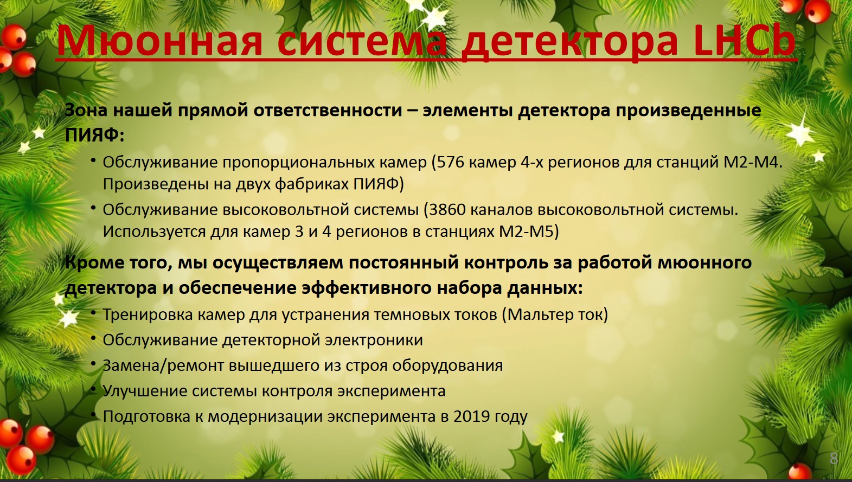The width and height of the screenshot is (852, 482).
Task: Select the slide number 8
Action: coord(834,459)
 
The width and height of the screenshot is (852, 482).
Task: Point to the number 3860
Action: coord(447,210)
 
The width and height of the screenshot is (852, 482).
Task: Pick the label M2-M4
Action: coord(752,162)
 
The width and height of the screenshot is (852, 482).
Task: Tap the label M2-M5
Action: coord(526,232)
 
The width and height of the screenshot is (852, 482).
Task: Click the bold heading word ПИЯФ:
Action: coord(94,135)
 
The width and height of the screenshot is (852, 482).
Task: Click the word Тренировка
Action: coord(148,315)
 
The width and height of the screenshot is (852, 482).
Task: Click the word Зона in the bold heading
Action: coord(86,110)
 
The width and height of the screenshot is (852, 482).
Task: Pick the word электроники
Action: coord(374,340)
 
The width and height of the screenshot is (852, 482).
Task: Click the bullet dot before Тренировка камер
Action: coord(94,312)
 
